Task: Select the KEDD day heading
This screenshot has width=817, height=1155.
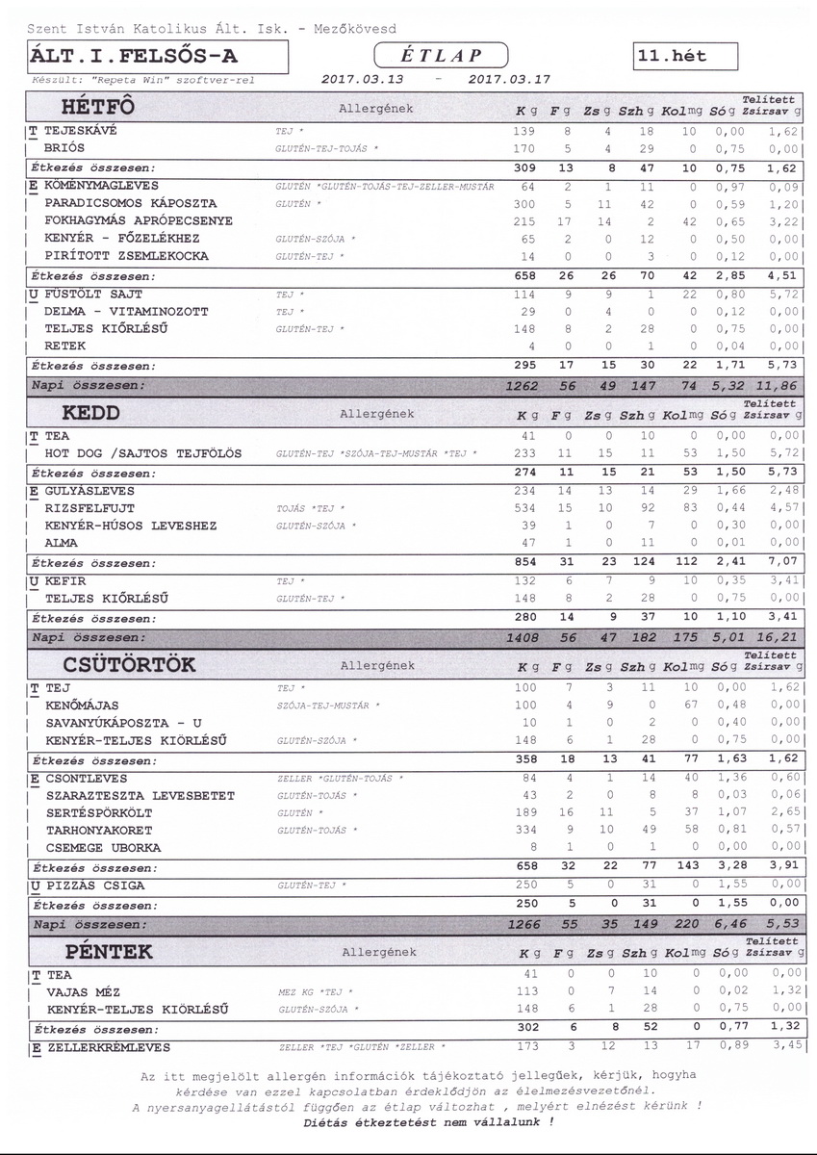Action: [x=90, y=412]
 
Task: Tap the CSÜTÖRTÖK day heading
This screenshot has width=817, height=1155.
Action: [x=129, y=664]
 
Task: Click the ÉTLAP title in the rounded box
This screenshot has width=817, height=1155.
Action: [x=443, y=55]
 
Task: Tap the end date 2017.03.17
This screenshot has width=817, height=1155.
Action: [x=508, y=80]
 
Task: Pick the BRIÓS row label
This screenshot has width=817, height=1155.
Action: [x=64, y=148]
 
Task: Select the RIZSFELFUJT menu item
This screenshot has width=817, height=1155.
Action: [x=90, y=507]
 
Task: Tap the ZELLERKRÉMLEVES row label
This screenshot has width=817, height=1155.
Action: [x=108, y=1046]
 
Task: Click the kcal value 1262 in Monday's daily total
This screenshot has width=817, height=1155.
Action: [x=523, y=385]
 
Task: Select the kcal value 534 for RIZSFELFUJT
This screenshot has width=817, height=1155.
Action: [x=524, y=507]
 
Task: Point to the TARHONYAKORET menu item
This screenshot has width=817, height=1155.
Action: [x=97, y=830]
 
